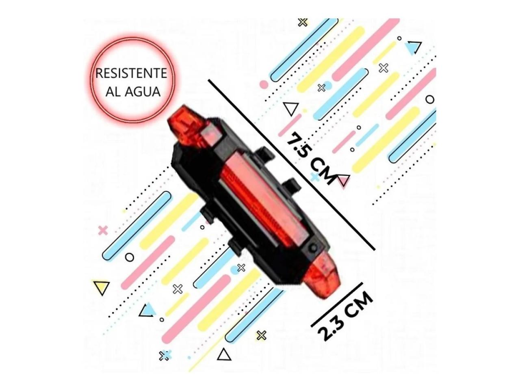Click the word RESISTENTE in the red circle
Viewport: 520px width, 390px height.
pyautogui.click(x=131, y=73)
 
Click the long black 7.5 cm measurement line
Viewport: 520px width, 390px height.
pyautogui.click(x=292, y=165)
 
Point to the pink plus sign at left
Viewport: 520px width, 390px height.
pyautogui.click(x=103, y=230)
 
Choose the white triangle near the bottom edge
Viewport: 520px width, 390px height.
pyautogui.click(x=224, y=355)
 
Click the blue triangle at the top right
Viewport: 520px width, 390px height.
pyautogui.click(x=413, y=48)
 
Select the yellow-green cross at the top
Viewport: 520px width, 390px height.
pyautogui.click(x=302, y=23)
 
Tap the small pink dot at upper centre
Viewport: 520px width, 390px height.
pyautogui.click(x=264, y=84)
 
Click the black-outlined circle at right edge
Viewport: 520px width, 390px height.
pyautogui.click(x=430, y=100)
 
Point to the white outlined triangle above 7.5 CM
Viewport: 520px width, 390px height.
pyautogui.click(x=291, y=108)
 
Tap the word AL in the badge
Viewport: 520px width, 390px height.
pyautogui.click(x=113, y=92)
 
